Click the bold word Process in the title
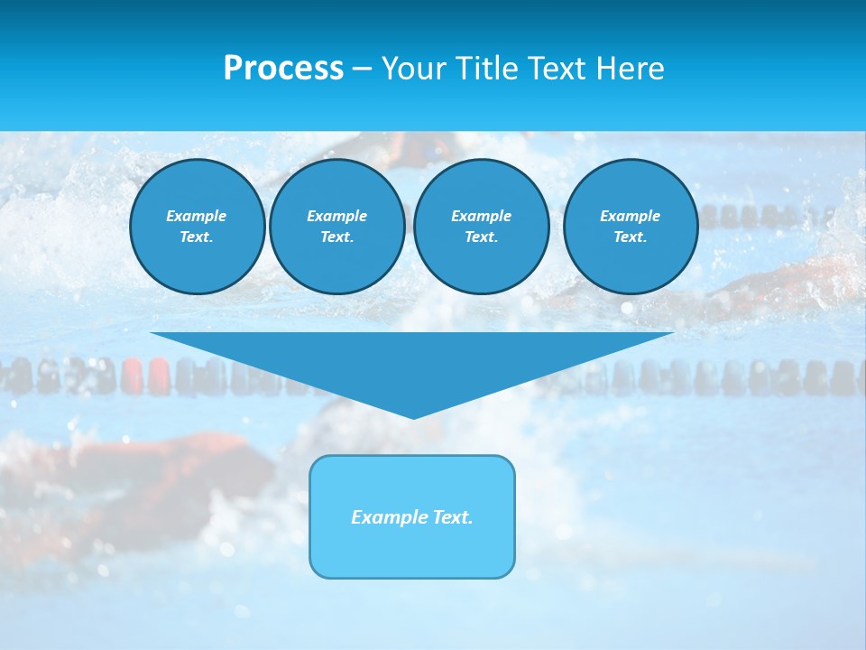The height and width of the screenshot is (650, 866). point(283,69)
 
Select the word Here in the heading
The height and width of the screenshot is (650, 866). point(630,69)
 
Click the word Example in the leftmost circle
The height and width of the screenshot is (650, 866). point(197,216)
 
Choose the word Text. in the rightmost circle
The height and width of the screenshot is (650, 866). point(630,237)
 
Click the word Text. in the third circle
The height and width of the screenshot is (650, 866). point(481,237)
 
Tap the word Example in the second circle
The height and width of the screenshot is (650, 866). point(336,216)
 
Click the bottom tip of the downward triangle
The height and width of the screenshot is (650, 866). point(413,417)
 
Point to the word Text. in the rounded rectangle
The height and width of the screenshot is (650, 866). point(452,517)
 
